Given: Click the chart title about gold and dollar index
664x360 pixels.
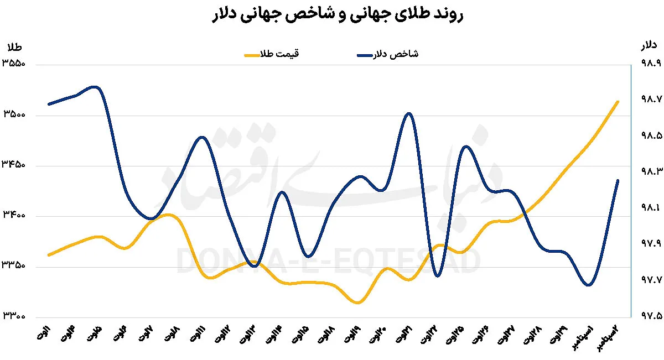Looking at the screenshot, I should pyautogui.click(x=332, y=15).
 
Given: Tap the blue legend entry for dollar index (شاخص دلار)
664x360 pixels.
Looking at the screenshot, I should pyautogui.click(x=387, y=55).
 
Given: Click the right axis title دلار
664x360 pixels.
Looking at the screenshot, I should pyautogui.click(x=649, y=44).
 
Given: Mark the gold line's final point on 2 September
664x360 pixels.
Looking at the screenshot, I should pyautogui.click(x=618, y=102).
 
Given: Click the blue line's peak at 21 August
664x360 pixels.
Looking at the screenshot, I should pyautogui.click(x=408, y=113).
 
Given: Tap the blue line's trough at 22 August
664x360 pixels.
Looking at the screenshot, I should pyautogui.click(x=437, y=275).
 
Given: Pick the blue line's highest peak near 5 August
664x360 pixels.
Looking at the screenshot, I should pyautogui.click(x=95, y=87).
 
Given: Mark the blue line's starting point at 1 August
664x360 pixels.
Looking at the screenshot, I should pyautogui.click(x=49, y=104).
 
